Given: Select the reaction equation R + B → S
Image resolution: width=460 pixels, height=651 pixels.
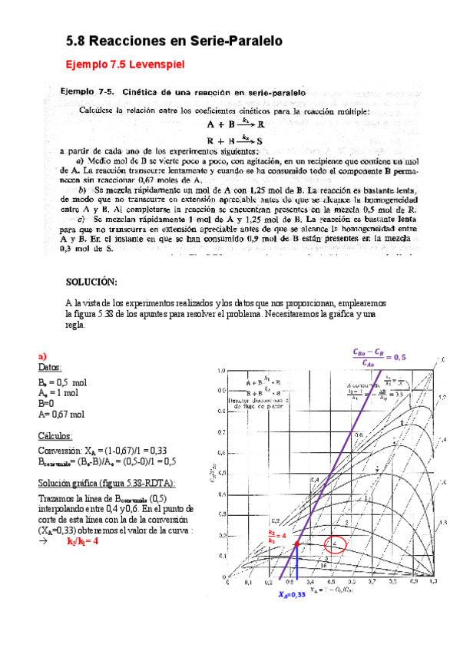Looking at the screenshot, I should coord(236,140).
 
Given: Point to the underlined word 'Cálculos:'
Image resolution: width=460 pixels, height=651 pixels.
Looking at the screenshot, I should coord(56,436).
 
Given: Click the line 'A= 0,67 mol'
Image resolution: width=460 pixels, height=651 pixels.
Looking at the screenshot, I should coord(61,415).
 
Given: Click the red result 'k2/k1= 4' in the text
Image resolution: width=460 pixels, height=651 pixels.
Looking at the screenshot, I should coord(83,540).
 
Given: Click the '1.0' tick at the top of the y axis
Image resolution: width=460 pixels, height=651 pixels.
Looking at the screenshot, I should coord(223,370).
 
